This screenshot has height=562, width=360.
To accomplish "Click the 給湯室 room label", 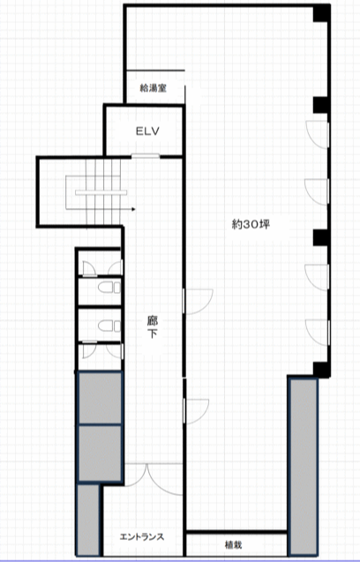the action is click(154, 88).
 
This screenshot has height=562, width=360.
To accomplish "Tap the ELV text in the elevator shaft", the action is click(147, 131).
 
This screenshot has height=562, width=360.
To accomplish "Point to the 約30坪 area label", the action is click(251, 225).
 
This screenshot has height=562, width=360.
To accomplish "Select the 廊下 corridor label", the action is click(153, 326).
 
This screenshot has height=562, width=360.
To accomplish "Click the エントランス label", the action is click(142, 536).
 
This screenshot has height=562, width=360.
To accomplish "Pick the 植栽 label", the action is click(234, 545).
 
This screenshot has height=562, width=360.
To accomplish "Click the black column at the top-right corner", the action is click(321, 13).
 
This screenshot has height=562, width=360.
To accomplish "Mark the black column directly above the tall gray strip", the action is click(321, 370).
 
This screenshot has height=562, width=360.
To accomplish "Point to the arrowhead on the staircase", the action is click(133, 209).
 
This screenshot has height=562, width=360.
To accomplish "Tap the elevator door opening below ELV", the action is click(146, 156).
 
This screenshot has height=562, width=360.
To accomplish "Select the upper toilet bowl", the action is click(109, 288).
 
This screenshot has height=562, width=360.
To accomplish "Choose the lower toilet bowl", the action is click(109, 326).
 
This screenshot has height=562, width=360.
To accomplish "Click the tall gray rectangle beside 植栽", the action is click(304, 467).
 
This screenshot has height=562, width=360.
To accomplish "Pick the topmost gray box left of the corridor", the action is click(101, 398).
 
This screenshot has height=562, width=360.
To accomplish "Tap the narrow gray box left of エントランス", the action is click(88, 520).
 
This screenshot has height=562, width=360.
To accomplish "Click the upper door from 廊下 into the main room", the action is click(198, 302).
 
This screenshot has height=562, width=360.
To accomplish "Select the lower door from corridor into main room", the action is click(196, 411).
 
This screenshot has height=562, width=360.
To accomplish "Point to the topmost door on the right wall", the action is click(318, 134).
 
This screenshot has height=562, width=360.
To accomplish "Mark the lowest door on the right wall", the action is click(318, 333).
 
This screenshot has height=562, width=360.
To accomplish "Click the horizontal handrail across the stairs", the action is click(101, 192).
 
